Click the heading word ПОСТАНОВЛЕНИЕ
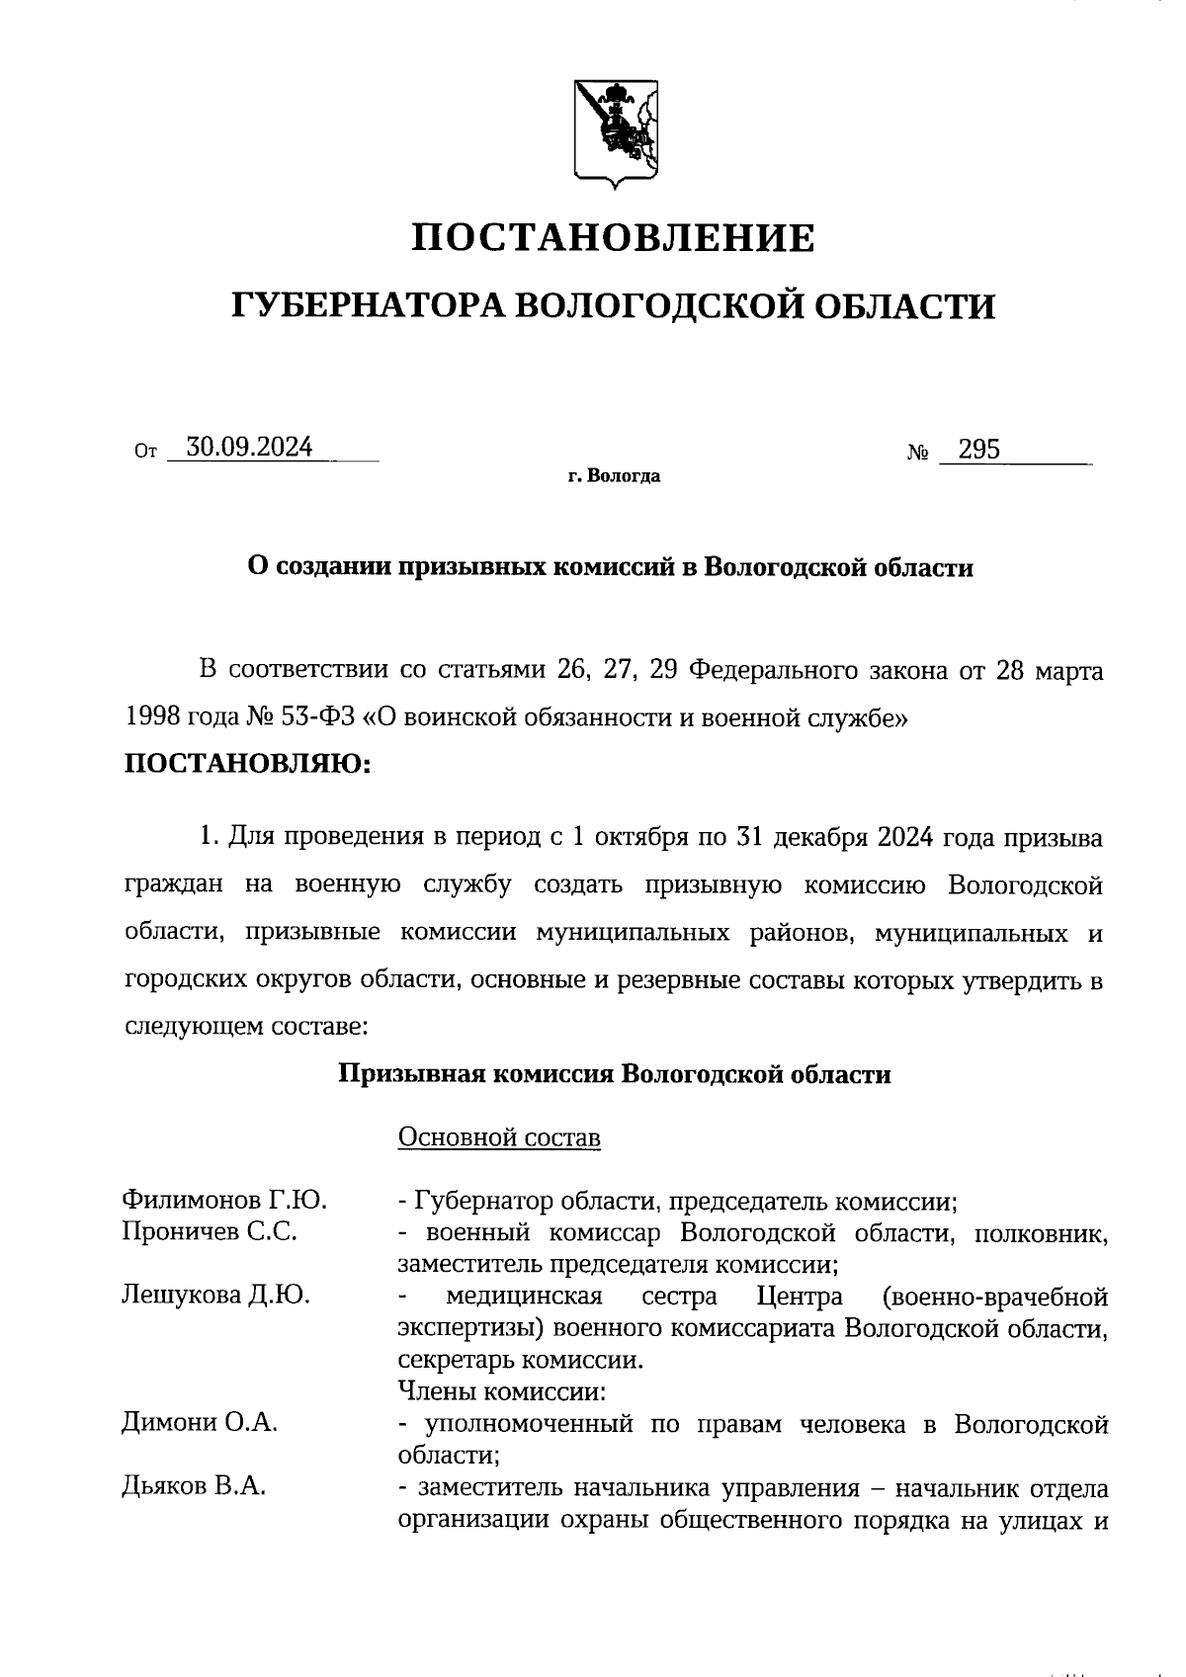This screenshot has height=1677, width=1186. click(613, 238)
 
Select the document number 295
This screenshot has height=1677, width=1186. click(979, 451)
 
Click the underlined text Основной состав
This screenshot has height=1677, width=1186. click(499, 1137)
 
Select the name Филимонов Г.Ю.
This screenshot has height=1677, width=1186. click(224, 1201)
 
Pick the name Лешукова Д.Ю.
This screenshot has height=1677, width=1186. click(215, 1295)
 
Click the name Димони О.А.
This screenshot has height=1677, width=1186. click(199, 1422)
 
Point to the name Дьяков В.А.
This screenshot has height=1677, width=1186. click(194, 1485)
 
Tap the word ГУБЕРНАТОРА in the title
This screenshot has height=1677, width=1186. click(367, 306)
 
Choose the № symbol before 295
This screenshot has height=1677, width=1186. click(917, 455)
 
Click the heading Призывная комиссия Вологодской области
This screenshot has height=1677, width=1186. click(615, 1074)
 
